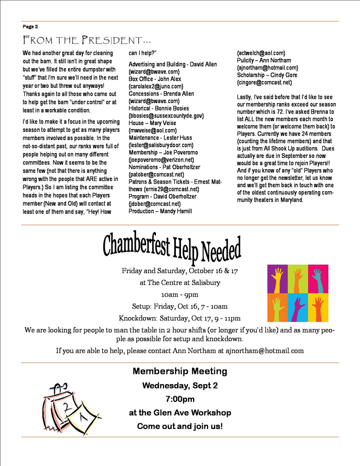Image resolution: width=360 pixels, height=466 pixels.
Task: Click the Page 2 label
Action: pos(30,27)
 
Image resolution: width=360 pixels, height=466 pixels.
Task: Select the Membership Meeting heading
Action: pos(180,371)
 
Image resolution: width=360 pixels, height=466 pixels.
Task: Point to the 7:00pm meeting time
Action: pos(180,399)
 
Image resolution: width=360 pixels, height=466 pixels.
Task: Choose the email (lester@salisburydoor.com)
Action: pos(161,145)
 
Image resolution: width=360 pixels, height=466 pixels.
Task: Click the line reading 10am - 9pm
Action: pos(180,295)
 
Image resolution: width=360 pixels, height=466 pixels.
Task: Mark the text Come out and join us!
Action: pos(180,426)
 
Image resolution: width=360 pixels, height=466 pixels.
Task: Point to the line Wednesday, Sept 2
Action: pos(180,385)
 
